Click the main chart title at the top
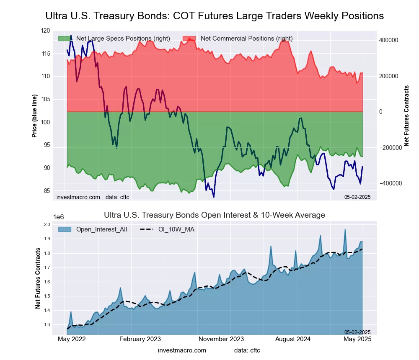point(214,16)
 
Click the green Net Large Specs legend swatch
point(65,39)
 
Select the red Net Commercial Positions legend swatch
point(189,39)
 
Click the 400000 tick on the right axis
point(388,40)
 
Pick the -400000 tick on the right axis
point(389,183)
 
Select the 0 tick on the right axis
point(381,112)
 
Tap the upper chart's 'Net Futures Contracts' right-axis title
point(406,116)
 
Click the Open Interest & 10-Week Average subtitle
point(214,215)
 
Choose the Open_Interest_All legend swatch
point(65,229)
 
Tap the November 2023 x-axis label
point(221,339)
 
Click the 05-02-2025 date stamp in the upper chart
point(357,197)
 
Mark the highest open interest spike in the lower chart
point(345,229)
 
